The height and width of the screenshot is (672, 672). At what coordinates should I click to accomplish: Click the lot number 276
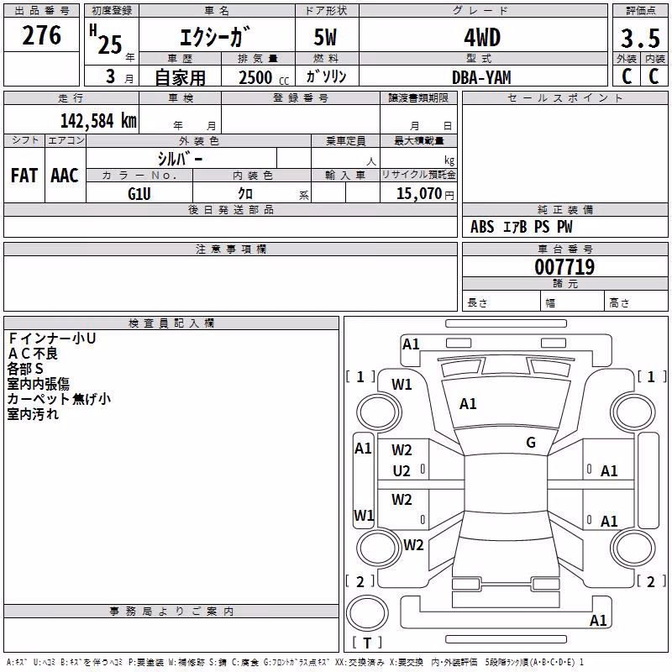click(41, 35)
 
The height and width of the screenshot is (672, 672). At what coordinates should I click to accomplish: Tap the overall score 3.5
click(640, 38)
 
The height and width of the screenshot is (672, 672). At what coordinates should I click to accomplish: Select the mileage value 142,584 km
click(98, 121)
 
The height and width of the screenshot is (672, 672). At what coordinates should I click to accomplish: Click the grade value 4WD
click(482, 38)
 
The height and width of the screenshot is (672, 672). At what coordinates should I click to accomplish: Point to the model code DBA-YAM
click(481, 77)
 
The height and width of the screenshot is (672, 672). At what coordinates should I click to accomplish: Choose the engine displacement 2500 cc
click(264, 77)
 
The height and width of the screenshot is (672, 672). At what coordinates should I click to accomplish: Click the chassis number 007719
click(564, 267)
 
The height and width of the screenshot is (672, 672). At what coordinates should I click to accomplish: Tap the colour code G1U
click(139, 194)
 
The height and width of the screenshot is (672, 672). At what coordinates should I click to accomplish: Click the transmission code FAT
click(24, 176)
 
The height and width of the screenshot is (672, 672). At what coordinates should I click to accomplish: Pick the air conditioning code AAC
click(65, 176)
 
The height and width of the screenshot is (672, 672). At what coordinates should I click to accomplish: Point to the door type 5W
click(325, 38)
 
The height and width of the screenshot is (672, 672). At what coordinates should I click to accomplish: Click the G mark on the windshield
click(531, 443)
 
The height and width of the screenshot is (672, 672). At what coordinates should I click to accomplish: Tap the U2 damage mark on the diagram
click(402, 471)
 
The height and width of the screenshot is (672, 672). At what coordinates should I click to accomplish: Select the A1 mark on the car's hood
click(468, 404)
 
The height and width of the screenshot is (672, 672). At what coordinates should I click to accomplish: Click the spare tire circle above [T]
click(367, 613)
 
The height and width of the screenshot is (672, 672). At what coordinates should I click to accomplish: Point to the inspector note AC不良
click(33, 354)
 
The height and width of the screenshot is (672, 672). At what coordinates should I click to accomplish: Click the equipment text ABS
click(482, 227)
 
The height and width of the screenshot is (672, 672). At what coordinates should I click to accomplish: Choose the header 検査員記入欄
click(171, 323)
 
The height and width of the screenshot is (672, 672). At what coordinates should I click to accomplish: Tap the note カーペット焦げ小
click(59, 399)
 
